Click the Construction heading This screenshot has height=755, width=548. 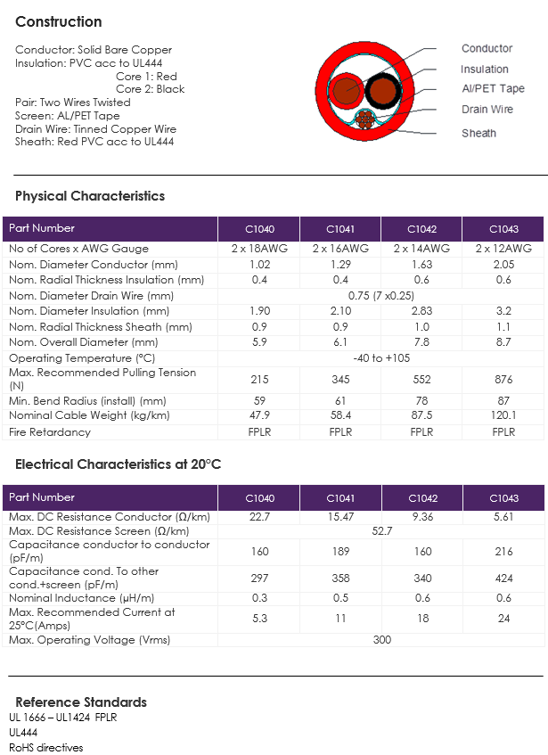coord(59,21)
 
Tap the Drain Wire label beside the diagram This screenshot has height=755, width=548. coord(487,110)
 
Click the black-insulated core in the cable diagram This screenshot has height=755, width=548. coord(383,90)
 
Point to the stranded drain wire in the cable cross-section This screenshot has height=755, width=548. coord(365,119)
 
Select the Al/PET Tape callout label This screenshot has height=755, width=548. coord(493,88)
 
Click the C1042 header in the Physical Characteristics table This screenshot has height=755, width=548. coord(421,229)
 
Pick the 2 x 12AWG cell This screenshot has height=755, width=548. coord(503,249)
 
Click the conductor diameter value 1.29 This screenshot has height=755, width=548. coord(340,265)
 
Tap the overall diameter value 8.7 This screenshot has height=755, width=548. coord(503,342)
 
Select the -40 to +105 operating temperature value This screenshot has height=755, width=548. coord(381,358)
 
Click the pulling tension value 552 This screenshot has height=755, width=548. coord(422,380)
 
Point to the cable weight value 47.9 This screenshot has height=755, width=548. coord(259,415)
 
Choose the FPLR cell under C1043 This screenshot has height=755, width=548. coord(503,432)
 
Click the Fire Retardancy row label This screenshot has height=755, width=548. coord(50,432)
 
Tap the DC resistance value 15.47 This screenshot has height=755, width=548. coord(340,517)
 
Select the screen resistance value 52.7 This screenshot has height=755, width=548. coord(381,531)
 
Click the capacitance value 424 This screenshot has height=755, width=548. coord(503,579)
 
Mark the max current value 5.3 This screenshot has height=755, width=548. coord(259,619)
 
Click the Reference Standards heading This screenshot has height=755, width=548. coord(81,702)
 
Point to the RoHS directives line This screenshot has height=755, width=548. coord(45,747)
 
